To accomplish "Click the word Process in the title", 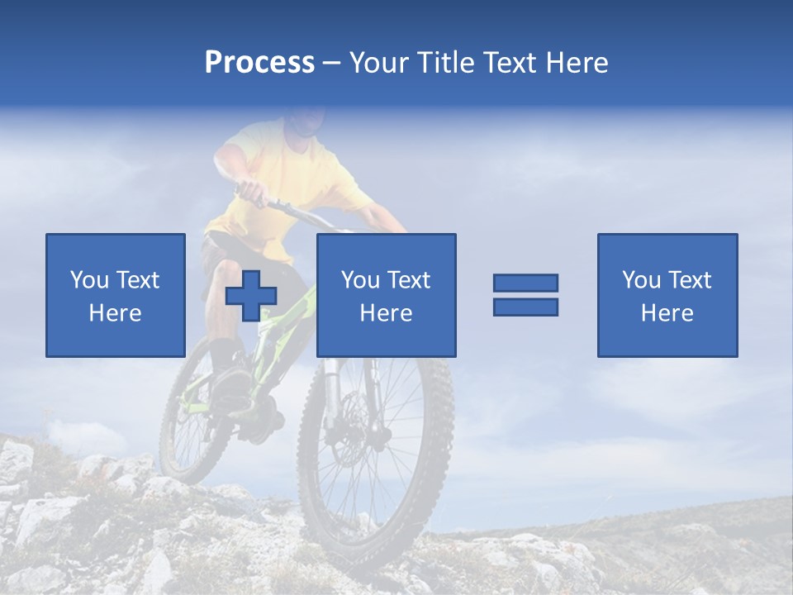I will coord(259,62).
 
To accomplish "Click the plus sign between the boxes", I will coord(251,296).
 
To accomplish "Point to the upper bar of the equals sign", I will coord(525,283).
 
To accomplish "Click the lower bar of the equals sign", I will coord(525,307).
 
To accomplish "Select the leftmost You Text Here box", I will coord(115,295).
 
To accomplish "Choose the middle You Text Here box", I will coord(386,295).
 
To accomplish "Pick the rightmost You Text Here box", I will coord(667,295).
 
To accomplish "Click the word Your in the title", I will coord(379,62).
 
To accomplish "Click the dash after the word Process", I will coord(332,63).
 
